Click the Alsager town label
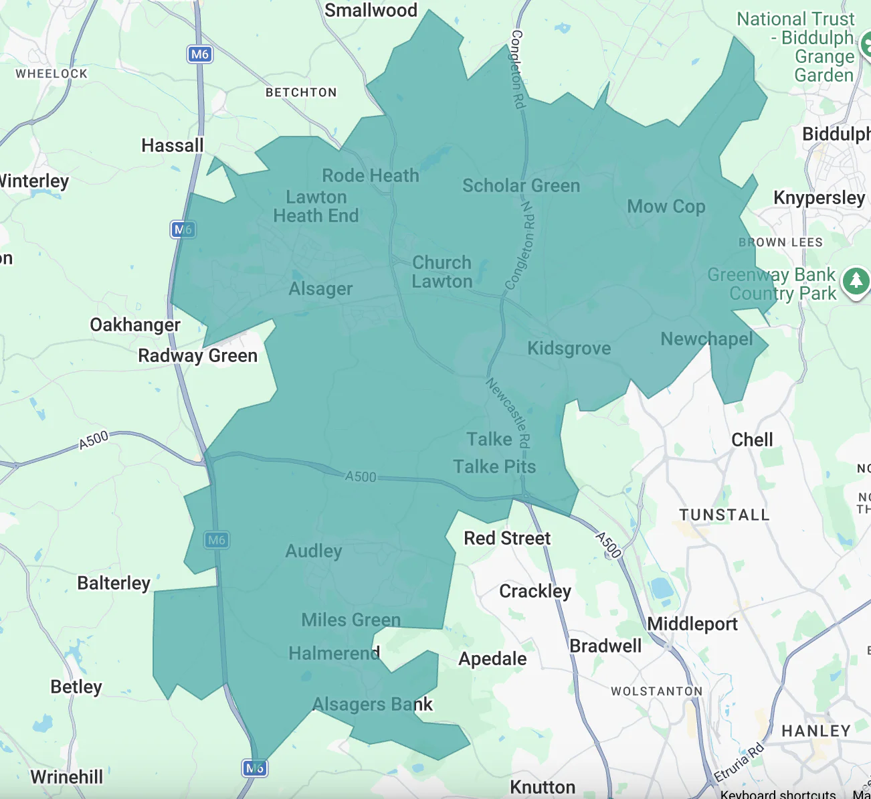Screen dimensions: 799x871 pos(320,289)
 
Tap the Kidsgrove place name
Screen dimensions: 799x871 pos(569,349)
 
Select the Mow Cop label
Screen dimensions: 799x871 pos(666,207)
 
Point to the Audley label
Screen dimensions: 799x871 pos(313,551)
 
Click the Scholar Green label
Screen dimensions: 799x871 pos(521,186)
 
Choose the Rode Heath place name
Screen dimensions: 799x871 pos(370,176)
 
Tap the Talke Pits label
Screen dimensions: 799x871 pos(494,467)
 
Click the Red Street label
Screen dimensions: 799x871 pos(507,539)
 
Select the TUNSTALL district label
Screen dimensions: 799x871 pos(724,515)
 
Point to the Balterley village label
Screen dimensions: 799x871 pos(114,584)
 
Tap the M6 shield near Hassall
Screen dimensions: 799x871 pos(199,54)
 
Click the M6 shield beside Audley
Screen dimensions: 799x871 pos(216,540)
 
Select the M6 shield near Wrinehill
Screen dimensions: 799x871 pos(254,768)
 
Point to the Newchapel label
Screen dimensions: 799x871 pos(706,339)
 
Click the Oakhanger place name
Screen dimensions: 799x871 pos(135,325)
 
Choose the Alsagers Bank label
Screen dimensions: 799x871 pos(373,705)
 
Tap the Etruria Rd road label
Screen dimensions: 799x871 pos(739,764)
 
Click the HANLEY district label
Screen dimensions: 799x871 pos(815,731)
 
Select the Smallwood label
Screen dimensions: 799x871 pos(371,10)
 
